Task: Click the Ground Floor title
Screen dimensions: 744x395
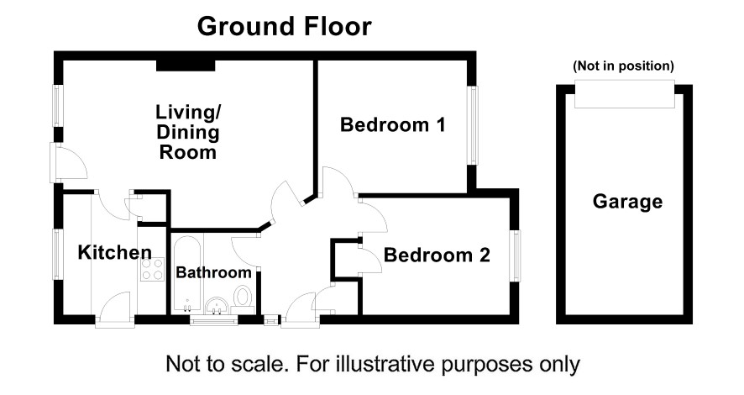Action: click(284, 27)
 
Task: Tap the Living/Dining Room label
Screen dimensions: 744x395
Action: click(188, 133)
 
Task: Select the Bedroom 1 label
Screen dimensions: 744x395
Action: click(393, 125)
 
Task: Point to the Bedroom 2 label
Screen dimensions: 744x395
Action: click(437, 255)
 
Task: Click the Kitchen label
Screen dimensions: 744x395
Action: click(115, 252)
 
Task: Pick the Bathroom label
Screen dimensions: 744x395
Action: click(213, 272)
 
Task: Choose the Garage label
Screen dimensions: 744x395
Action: click(627, 202)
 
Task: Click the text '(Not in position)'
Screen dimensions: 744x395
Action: click(623, 66)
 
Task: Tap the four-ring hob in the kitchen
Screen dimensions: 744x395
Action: click(152, 270)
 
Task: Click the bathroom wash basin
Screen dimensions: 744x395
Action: click(217, 305)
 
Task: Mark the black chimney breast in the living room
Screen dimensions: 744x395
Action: click(186, 66)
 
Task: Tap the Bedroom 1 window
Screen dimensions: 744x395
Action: click(473, 125)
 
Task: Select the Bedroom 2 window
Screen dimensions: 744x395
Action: click(516, 255)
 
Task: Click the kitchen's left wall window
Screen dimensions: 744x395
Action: click(57, 255)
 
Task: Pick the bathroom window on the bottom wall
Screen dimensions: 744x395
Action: click(213, 320)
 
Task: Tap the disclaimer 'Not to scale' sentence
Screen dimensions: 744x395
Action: click(373, 365)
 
